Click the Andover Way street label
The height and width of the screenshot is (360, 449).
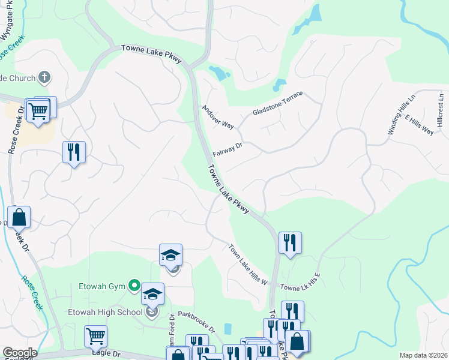tap(218, 118)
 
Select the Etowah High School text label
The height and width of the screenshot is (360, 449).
tap(105, 312)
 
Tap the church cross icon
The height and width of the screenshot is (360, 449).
tap(43, 77)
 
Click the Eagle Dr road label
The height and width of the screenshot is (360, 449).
tap(106, 355)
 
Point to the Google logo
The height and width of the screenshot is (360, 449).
tap(19, 353)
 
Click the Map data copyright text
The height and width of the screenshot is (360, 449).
tap(423, 355)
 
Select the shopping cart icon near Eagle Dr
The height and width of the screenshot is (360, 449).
tap(95, 335)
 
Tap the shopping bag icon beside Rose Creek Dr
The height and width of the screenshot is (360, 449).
tap(19, 217)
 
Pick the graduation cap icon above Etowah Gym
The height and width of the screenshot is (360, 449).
tap(170, 254)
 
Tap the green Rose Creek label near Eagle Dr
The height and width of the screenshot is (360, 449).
tap(33, 292)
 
